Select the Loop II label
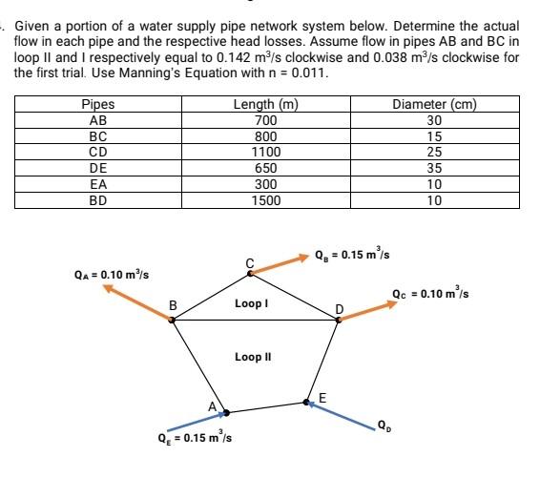(x=253, y=357)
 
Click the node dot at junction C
(x=250, y=273)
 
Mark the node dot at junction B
(x=172, y=320)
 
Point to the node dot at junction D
(x=338, y=321)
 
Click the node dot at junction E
(x=308, y=404)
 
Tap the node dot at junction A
(x=225, y=414)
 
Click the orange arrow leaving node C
(x=280, y=263)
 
